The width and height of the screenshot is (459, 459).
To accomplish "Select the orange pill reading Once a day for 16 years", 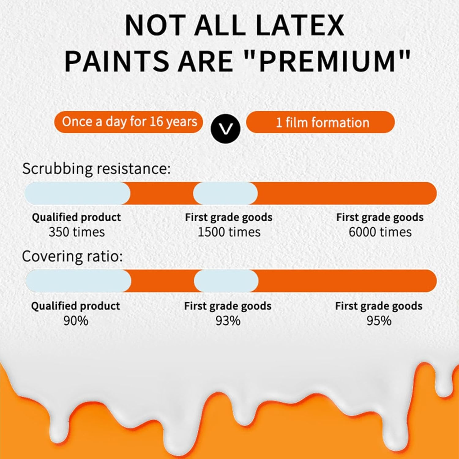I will coord(129,122).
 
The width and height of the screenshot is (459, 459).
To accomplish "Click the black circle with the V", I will coord(226,129).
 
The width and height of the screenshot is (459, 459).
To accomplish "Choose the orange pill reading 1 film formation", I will coord(320,122).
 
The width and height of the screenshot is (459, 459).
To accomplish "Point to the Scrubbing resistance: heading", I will coord(96,169).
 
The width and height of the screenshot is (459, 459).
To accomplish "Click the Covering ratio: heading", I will coord(72,256).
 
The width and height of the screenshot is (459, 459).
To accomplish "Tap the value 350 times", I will coord(76,232).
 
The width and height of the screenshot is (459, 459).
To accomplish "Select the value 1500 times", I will coord(229,232).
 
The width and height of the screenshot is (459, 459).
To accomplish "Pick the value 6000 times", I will coord(380,232).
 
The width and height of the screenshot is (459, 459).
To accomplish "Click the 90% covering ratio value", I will coord(76,321).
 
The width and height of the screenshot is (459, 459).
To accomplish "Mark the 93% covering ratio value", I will coord(228,321).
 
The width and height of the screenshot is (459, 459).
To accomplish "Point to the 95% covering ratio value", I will coord(379,321).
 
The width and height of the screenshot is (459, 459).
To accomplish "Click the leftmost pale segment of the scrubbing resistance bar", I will coord(77,193).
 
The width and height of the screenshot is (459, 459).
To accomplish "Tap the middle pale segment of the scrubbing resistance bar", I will coord(225,193).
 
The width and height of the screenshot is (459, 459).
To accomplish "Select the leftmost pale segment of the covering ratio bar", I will coord(78,281).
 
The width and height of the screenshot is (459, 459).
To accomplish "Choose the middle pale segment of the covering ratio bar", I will coord(226,281).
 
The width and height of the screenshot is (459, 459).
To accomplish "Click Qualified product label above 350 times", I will coord(76,217).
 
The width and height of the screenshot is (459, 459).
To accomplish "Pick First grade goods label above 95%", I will coord(379,306).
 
